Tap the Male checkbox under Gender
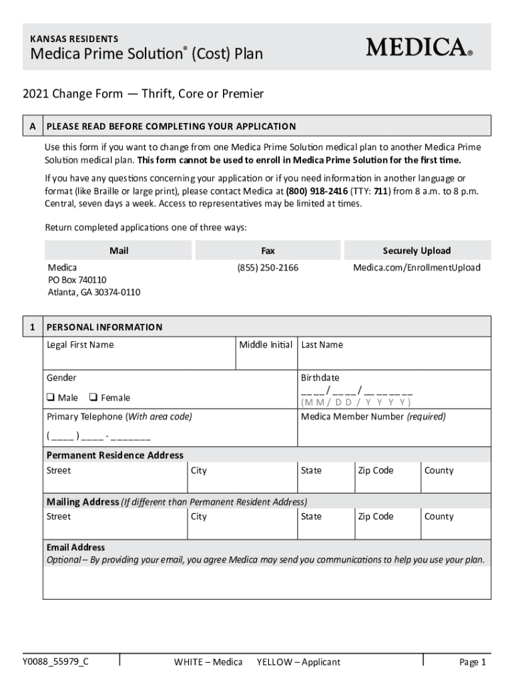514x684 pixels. click(x=50, y=397)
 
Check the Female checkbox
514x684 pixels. click(x=94, y=397)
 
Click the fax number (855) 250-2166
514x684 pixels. click(x=268, y=267)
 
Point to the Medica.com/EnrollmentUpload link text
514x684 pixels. click(x=417, y=267)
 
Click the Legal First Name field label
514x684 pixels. click(x=80, y=345)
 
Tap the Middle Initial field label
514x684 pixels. click(x=266, y=345)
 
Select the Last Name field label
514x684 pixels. click(x=322, y=345)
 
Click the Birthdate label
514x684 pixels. click(x=320, y=377)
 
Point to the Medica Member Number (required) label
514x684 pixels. click(x=373, y=416)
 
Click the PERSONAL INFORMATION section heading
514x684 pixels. click(x=104, y=327)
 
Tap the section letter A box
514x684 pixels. click(x=32, y=126)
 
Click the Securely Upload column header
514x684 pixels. click(x=417, y=250)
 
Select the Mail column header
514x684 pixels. click(x=119, y=250)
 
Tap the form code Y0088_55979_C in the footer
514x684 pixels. click(x=55, y=661)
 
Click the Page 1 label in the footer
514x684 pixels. click(x=473, y=662)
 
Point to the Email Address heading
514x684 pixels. click(x=75, y=547)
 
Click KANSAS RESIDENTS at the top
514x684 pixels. click(x=75, y=39)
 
